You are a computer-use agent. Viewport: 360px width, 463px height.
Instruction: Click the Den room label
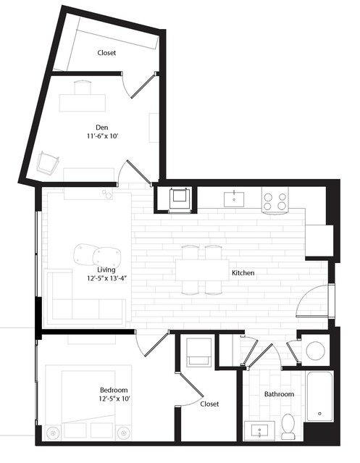point(102,128)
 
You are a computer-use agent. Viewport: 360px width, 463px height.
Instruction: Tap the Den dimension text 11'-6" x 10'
point(102,136)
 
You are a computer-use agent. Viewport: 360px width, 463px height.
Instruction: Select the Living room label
point(106,270)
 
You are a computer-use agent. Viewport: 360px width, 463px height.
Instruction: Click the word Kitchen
point(243,273)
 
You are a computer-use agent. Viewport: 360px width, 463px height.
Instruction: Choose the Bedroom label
point(114,390)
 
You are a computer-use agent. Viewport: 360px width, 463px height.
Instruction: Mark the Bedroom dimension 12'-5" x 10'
point(114,399)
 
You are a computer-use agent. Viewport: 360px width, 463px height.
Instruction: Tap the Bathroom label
point(279,394)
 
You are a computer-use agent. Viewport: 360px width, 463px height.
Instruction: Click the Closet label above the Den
point(106,53)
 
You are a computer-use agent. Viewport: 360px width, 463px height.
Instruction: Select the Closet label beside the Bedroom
point(209,404)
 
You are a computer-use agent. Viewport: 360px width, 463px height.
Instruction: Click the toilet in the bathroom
point(288,426)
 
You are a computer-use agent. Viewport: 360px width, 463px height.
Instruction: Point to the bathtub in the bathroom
point(319,396)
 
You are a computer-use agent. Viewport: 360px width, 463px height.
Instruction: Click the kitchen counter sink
point(234,199)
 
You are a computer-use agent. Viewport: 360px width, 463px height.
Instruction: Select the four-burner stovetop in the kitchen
point(275,201)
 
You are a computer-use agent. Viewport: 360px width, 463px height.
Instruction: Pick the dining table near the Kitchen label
point(202,270)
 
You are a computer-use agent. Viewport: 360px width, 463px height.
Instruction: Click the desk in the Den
point(83,103)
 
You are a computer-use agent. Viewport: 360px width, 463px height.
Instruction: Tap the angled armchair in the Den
point(48,162)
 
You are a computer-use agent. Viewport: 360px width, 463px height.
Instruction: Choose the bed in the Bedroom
point(88,402)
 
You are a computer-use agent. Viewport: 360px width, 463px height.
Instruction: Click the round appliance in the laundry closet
point(315,351)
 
